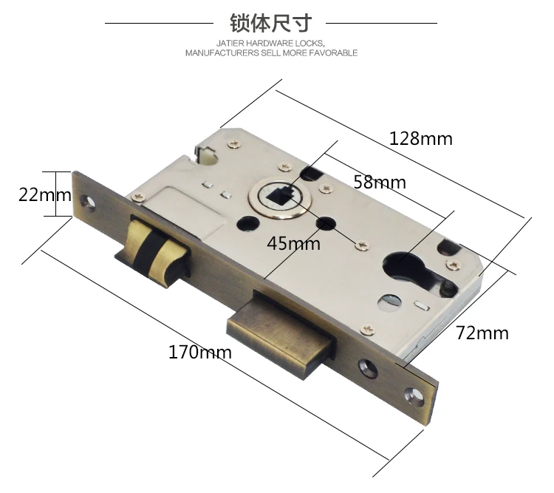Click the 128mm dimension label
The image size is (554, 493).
click(420, 138)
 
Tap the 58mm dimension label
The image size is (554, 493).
click(380, 182)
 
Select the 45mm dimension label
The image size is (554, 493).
click(293, 243)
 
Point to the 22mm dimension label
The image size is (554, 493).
click(45, 194)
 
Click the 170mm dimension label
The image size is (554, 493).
click(200, 352)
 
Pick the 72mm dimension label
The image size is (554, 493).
click(482, 333)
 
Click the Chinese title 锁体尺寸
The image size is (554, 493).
click(271, 23)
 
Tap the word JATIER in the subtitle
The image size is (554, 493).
click(230, 43)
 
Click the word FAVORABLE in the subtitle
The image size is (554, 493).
click(334, 53)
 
